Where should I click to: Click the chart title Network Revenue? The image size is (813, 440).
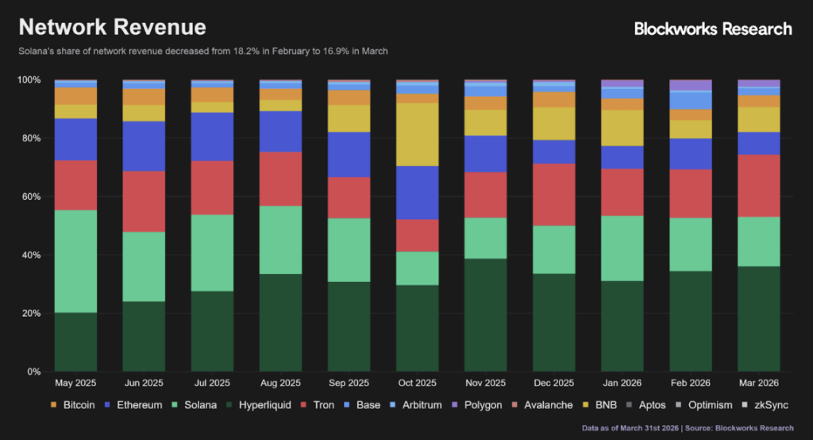point(112,27)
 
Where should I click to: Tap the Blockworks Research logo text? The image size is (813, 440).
point(713,29)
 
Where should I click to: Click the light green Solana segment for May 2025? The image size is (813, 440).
point(75,261)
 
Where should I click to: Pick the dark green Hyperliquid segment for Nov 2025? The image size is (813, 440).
point(485,315)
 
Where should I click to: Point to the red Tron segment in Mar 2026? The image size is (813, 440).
point(758,185)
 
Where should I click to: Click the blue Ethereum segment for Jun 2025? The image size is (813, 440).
point(144,146)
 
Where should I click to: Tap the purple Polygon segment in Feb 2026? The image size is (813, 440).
point(690,85)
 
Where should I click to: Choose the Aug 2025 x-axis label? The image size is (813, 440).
point(280,383)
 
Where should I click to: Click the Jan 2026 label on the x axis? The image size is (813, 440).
point(622,383)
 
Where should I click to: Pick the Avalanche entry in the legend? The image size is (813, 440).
point(543,405)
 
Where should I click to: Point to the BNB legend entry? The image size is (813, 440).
point(603,405)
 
